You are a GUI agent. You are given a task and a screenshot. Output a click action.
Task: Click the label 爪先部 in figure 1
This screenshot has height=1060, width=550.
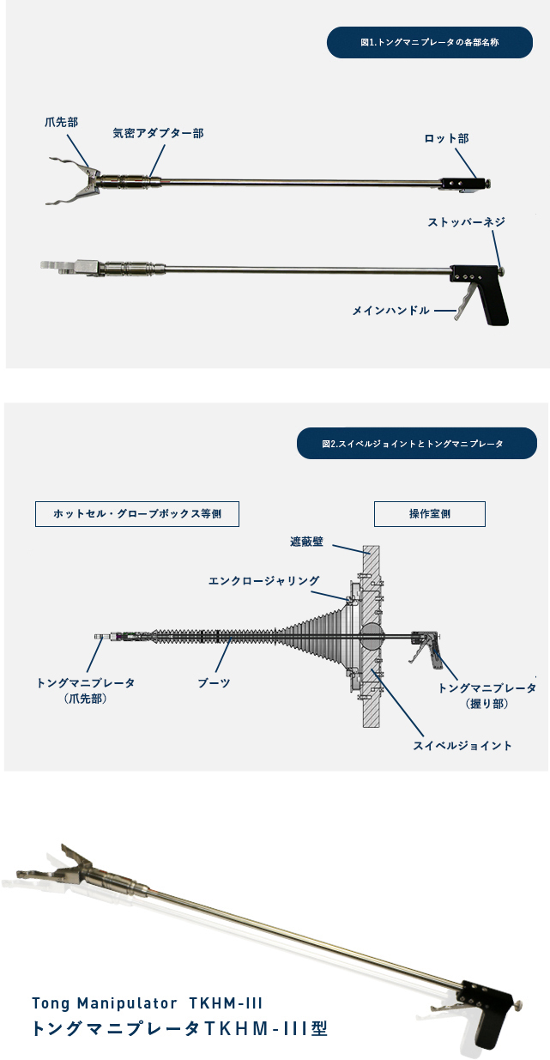click(x=62, y=122)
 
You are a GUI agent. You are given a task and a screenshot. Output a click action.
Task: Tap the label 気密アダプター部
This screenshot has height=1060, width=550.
click(x=159, y=133)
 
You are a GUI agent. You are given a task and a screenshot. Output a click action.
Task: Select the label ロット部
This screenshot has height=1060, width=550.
click(x=446, y=139)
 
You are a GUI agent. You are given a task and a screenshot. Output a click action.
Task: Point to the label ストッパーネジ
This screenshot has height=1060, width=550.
click(x=466, y=222)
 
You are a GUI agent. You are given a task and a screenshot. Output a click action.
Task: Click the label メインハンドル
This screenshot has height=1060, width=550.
click(x=390, y=311)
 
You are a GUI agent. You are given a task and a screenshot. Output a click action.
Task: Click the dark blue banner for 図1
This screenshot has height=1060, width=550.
click(x=429, y=43)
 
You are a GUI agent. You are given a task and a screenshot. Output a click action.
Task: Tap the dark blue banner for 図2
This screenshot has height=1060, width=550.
click(x=417, y=444)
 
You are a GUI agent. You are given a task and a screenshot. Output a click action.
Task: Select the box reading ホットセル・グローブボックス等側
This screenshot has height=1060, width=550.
click(x=137, y=514)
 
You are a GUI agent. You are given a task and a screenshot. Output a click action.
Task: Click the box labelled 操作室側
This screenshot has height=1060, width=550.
click(x=429, y=514)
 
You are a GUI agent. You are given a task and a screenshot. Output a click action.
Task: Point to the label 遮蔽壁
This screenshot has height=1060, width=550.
click(x=306, y=542)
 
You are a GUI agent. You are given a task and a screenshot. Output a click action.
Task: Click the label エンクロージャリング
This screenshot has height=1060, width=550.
click(x=264, y=580)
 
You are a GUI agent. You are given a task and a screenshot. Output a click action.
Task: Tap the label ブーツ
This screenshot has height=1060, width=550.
click(x=214, y=683)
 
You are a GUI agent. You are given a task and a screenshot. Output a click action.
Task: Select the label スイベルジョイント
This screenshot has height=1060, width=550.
click(x=462, y=746)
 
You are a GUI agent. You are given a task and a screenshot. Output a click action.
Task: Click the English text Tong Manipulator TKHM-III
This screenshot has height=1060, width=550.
click(x=147, y=1002)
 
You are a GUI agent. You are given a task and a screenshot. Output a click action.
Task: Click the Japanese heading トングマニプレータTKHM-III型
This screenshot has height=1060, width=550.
click(x=179, y=1028)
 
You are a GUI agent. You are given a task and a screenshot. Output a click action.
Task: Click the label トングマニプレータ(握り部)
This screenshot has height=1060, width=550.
click(x=487, y=695)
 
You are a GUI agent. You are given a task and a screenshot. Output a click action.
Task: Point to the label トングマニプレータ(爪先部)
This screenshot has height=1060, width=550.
click(x=86, y=690)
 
